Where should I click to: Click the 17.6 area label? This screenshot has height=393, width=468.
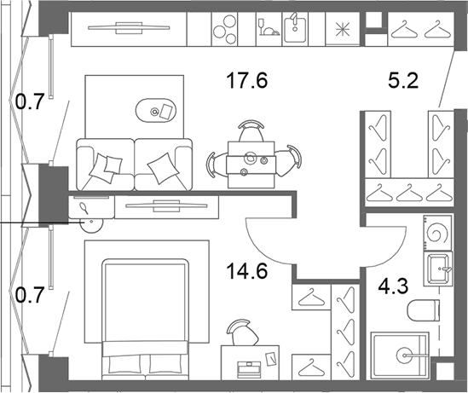pos(247,81)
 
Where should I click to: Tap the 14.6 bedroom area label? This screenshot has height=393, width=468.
pos(247,272)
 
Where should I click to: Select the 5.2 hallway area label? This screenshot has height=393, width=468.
pos(403,81)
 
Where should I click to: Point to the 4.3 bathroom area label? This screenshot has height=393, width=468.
pos(393,286)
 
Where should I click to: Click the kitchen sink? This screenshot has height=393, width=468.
pos(295,29)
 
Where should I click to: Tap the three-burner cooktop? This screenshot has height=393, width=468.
pos(225,29)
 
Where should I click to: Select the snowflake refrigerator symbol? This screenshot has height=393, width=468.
pos(343,30)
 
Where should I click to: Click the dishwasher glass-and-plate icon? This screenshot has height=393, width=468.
pos(269,27)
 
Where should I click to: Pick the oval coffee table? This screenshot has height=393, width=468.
pos(156,110)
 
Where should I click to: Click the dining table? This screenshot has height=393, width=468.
pos(251,165)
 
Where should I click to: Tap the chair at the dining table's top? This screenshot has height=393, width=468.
pos(251,130)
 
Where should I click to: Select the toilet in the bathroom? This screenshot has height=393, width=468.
pos(423,310)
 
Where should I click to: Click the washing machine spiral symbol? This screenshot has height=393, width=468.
pos(437,233)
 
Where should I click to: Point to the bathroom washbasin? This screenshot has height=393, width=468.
pos(438,269)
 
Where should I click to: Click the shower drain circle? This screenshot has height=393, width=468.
pos(406,355)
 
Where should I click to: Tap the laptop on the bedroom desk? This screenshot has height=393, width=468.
pos(249,367)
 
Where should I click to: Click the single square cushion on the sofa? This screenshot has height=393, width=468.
pos(164,168)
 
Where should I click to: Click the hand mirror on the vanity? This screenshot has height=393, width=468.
pos(84,208)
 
